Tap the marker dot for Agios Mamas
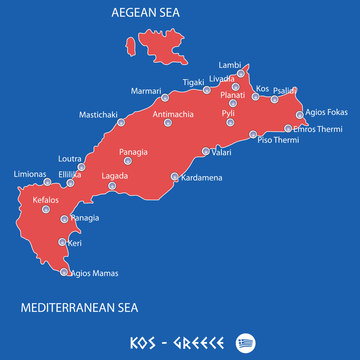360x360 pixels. coord(65,271)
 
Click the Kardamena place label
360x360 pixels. coord(206,179)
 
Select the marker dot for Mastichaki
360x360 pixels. coord(121,122)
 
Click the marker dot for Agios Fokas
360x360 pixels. coord(299,114)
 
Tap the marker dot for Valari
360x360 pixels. coord(206,152)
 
